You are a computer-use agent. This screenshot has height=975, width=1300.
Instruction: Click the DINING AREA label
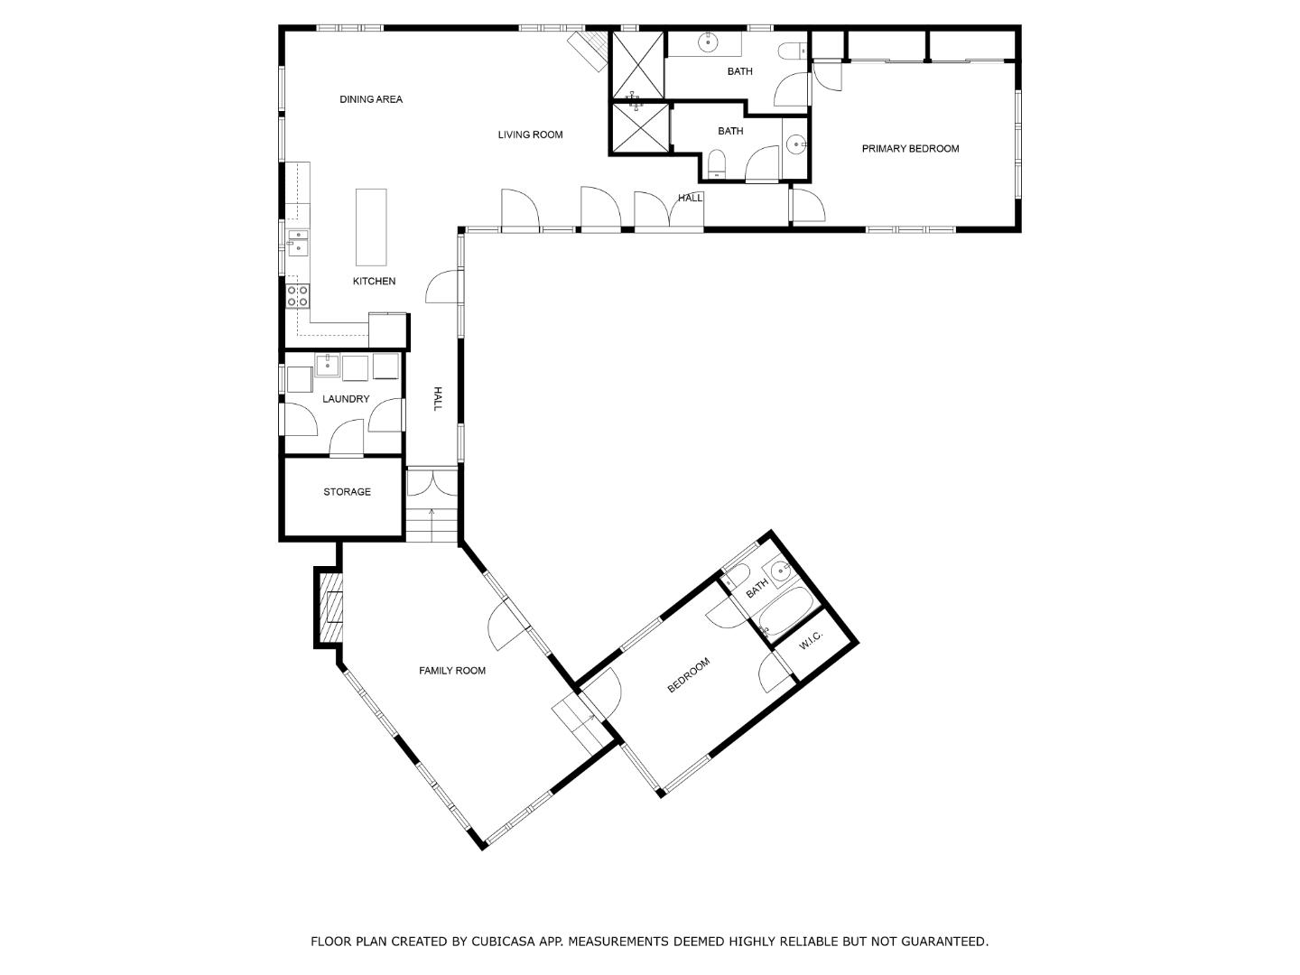coord(371,99)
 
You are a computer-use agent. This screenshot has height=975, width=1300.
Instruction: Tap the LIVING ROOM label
coord(530,135)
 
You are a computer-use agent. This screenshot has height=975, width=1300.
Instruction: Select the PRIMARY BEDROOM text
coord(910,149)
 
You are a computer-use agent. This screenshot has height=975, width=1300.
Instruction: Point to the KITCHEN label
coord(374,282)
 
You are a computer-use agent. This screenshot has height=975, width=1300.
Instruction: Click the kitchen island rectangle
coord(371,226)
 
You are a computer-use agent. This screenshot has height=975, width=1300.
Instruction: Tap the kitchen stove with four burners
coord(298,295)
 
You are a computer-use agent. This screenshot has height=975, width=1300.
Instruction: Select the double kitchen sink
coord(298,243)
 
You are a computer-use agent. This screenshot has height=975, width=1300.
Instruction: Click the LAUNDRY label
coord(346,399)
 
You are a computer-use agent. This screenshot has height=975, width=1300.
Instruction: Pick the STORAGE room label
coord(347,492)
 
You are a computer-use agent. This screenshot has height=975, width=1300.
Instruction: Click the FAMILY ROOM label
coord(452,671)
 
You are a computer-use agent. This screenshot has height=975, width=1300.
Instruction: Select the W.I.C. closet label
coord(810,639)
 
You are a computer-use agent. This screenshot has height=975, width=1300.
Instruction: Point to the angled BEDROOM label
coord(689,675)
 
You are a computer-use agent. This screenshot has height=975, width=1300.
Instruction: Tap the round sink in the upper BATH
coord(709,42)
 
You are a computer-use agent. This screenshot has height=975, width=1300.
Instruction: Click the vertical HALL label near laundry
coord(437,399)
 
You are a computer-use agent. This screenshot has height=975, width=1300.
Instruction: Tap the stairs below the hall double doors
coord(432,525)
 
